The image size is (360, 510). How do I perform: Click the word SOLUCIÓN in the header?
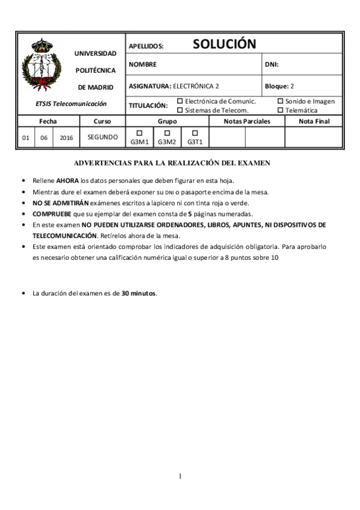pos(224,44)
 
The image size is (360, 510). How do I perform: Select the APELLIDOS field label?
pos(146,46)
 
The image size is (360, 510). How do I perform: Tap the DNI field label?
pos(272,64)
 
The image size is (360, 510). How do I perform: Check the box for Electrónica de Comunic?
pos(180,101)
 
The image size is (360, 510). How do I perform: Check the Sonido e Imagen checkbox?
pos(280,101)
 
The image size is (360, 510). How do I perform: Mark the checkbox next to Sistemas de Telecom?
pos(180,110)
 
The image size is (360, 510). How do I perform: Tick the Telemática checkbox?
pos(280,110)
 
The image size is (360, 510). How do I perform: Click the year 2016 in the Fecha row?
pos(66,138)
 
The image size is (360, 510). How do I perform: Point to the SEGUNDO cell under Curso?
pos(102,137)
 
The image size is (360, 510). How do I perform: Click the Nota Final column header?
pos(314,121)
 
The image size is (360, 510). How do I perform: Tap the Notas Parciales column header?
pos(246,121)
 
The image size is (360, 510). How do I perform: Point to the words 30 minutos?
pos(138,293)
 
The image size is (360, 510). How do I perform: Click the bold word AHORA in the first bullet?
pos(67,180)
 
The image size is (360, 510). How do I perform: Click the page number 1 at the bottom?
pos(180,477)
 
